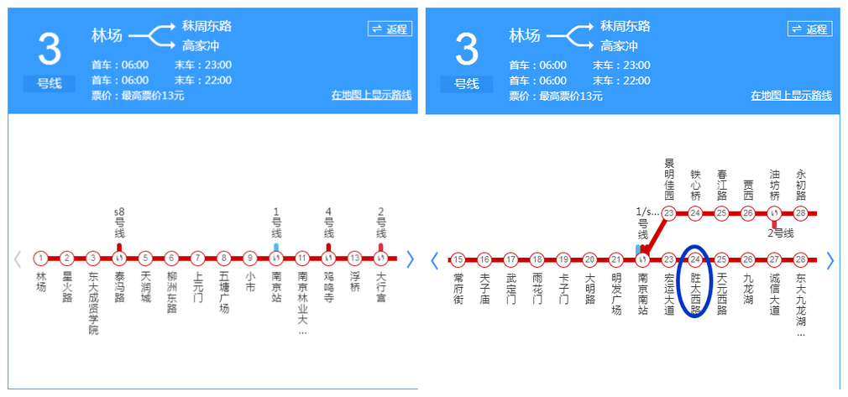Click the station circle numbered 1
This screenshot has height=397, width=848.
(40, 259)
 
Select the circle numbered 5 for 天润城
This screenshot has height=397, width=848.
(145, 259)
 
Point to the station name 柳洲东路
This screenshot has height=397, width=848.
(171, 291)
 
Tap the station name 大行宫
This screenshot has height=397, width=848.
(381, 285)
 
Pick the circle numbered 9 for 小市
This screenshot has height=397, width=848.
(249, 259)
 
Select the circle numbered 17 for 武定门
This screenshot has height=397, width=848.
(510, 259)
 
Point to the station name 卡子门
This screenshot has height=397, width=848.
(563, 285)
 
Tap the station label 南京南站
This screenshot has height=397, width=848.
(643, 291)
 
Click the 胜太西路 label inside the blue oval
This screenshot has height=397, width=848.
(695, 291)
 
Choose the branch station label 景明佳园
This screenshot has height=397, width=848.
(669, 175)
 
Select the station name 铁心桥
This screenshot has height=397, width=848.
(695, 185)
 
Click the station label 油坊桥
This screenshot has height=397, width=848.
(774, 185)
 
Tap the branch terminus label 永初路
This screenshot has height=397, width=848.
(800, 185)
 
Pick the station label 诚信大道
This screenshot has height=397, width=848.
(774, 291)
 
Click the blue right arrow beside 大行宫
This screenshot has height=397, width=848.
(410, 259)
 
